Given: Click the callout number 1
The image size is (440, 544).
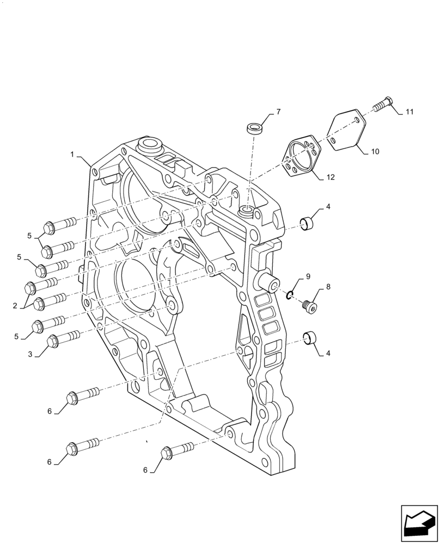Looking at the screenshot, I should [x=72, y=155].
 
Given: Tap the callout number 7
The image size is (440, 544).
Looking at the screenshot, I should [x=278, y=112].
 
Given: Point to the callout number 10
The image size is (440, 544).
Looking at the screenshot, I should [x=375, y=152].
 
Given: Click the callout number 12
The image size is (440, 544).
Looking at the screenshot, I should [x=331, y=177].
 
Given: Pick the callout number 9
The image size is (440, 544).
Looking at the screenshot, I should [x=308, y=277].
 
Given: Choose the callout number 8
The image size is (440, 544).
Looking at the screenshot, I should [x=328, y=286].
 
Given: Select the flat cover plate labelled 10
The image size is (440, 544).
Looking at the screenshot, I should [x=345, y=130].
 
